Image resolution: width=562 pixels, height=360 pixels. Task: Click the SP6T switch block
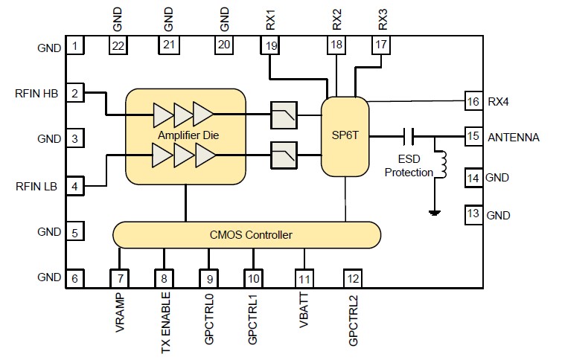345,137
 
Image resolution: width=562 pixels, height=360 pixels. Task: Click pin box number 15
472,136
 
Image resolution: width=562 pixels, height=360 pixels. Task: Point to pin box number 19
269,46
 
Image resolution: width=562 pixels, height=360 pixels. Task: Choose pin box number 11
304,279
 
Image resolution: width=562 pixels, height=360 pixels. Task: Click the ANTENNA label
514,137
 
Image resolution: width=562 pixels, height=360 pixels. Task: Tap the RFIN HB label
36,94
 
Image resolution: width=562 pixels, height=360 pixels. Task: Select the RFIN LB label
36,184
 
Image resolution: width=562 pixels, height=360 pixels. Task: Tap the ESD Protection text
410,166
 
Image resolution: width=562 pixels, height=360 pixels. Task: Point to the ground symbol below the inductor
432,213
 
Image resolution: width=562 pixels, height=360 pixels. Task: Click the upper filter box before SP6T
284,115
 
